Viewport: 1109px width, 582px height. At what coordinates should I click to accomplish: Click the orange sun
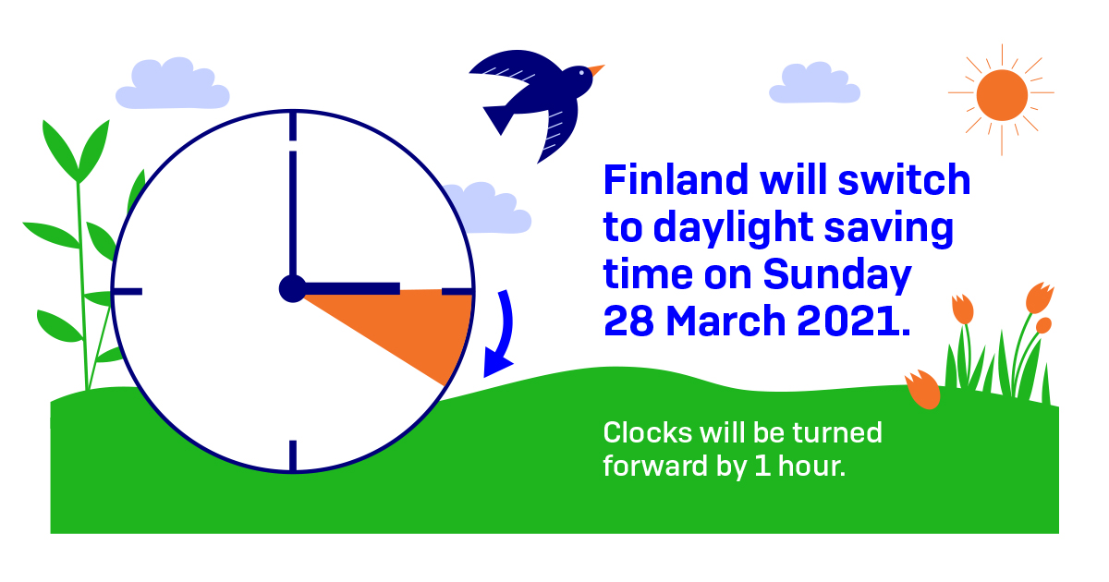coord(1001,95)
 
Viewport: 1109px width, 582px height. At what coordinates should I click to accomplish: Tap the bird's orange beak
coord(597,70)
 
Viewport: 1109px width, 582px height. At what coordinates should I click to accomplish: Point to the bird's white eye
coord(581,73)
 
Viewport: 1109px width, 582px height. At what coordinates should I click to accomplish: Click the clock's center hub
coord(292,289)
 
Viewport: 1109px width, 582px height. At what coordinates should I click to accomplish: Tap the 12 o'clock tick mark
coord(293,127)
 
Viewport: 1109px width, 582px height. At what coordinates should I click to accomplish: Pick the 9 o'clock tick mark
coord(128,292)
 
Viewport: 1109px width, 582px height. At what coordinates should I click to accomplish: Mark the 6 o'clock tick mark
coord(293,455)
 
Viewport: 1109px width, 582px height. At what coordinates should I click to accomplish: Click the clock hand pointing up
coord(293,212)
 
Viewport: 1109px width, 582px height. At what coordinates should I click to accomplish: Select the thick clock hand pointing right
coord(351,289)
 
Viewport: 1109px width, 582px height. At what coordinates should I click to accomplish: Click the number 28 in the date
coord(629,321)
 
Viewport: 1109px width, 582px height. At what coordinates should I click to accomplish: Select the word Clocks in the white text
coord(638,432)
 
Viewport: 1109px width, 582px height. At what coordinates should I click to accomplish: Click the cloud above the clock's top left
coord(172,85)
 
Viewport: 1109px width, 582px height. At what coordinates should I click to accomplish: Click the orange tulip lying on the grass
coord(922,389)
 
